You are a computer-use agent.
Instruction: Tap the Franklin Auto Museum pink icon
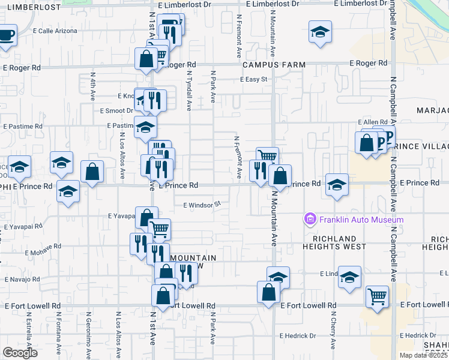point(310,220)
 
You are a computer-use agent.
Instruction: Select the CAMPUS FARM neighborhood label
point(274,65)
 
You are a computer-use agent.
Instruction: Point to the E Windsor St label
point(202,205)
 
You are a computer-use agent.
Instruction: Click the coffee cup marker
point(7,35)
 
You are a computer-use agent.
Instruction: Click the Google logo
point(20,352)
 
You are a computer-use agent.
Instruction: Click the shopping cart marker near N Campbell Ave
point(377,296)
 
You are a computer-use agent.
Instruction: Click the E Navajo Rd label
point(22,280)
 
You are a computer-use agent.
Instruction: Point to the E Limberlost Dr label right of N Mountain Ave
point(357,4)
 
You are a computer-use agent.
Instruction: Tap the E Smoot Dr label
point(116,110)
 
